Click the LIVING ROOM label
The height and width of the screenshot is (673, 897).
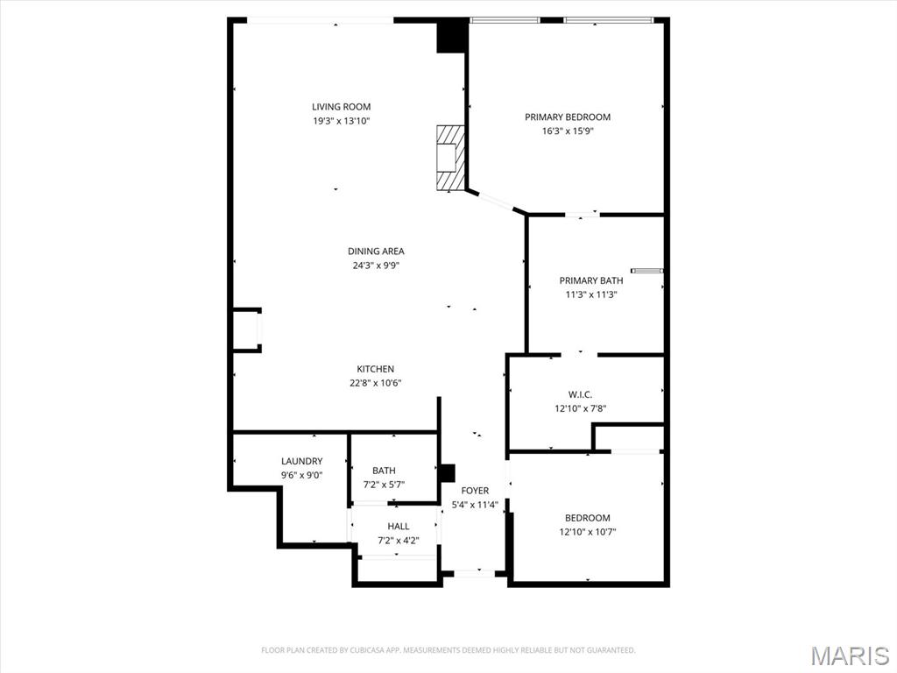point(341,107)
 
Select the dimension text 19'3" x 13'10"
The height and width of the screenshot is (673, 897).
point(341,121)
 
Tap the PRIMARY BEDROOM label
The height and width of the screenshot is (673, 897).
point(568,117)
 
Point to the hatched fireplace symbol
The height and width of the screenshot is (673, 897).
point(450,158)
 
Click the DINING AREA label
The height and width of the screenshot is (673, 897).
point(376,251)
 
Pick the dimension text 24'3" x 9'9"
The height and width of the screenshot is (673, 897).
point(376,266)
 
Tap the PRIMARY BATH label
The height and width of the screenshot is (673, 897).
point(591,280)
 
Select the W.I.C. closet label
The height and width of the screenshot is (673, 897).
point(580,394)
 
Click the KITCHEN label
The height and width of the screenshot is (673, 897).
point(375,369)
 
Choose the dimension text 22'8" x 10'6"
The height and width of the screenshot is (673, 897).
point(375,383)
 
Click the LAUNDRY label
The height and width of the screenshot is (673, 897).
point(301,461)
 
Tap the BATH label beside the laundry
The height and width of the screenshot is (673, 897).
point(384,471)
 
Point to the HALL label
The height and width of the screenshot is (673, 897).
point(399,527)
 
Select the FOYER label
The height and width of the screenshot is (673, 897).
point(475,491)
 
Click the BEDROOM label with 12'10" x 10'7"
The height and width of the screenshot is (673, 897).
point(587,518)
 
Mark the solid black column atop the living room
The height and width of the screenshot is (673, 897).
point(452,36)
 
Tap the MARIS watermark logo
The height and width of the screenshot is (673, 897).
point(851,655)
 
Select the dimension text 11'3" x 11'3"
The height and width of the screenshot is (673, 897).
point(591,294)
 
